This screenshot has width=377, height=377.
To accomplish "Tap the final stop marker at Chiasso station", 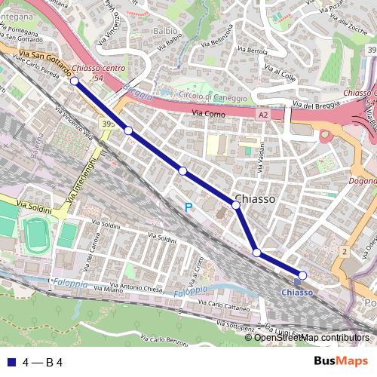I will pyautogui.click(x=302, y=275).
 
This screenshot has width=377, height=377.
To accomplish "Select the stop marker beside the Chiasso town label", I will pyautogui.click(x=236, y=204).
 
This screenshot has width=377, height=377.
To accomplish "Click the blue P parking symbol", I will pyautogui.click(x=188, y=207).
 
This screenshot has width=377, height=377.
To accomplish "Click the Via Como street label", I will pyautogui.click(x=208, y=113).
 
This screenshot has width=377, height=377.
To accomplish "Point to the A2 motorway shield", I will pyautogui.click(x=262, y=115).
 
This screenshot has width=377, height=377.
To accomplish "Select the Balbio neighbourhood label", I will pyautogui.click(x=165, y=32).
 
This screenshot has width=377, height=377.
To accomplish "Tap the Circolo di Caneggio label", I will pyautogui.click(x=213, y=97).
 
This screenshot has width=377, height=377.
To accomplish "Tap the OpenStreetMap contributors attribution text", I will pyautogui.click(x=311, y=338).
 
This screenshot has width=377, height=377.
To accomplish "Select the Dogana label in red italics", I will pyautogui.click(x=363, y=182).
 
